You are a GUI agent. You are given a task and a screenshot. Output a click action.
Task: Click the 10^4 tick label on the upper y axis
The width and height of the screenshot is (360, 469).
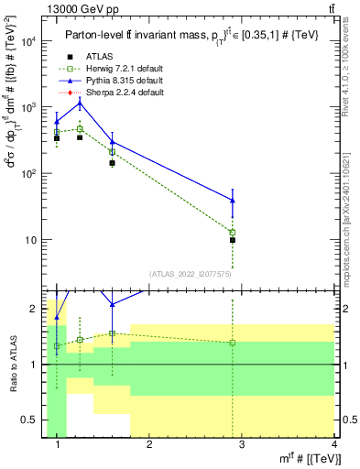[x=27, y=41]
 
